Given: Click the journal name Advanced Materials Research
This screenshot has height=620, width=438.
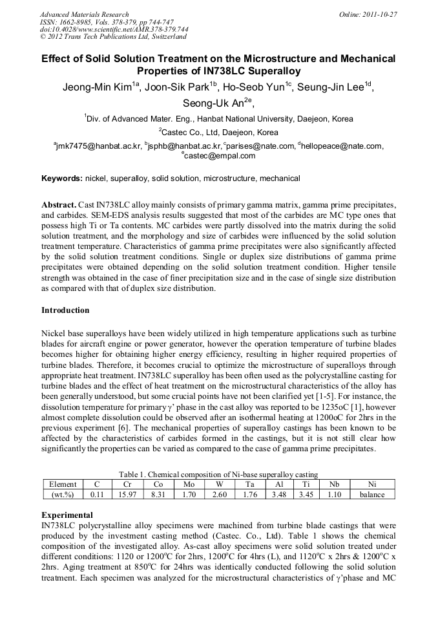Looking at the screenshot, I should tap(84, 14).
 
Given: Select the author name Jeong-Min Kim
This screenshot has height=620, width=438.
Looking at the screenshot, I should tap(98, 89).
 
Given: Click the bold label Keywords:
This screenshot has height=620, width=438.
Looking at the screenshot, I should tap(62, 178).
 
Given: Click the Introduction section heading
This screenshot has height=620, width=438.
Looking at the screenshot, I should tap(65, 310).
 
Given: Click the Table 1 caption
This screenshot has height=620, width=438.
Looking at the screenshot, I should tap(218, 475).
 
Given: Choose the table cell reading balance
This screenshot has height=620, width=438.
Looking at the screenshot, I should tap(371, 495).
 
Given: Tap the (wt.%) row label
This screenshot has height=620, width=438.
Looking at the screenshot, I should tap(63, 495).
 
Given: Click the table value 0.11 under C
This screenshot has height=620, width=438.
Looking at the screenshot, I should tap(97, 495).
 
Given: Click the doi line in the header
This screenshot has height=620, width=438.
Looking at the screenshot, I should tap(114, 29).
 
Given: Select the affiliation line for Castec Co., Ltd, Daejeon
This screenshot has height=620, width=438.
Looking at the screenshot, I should tap(218, 132).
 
